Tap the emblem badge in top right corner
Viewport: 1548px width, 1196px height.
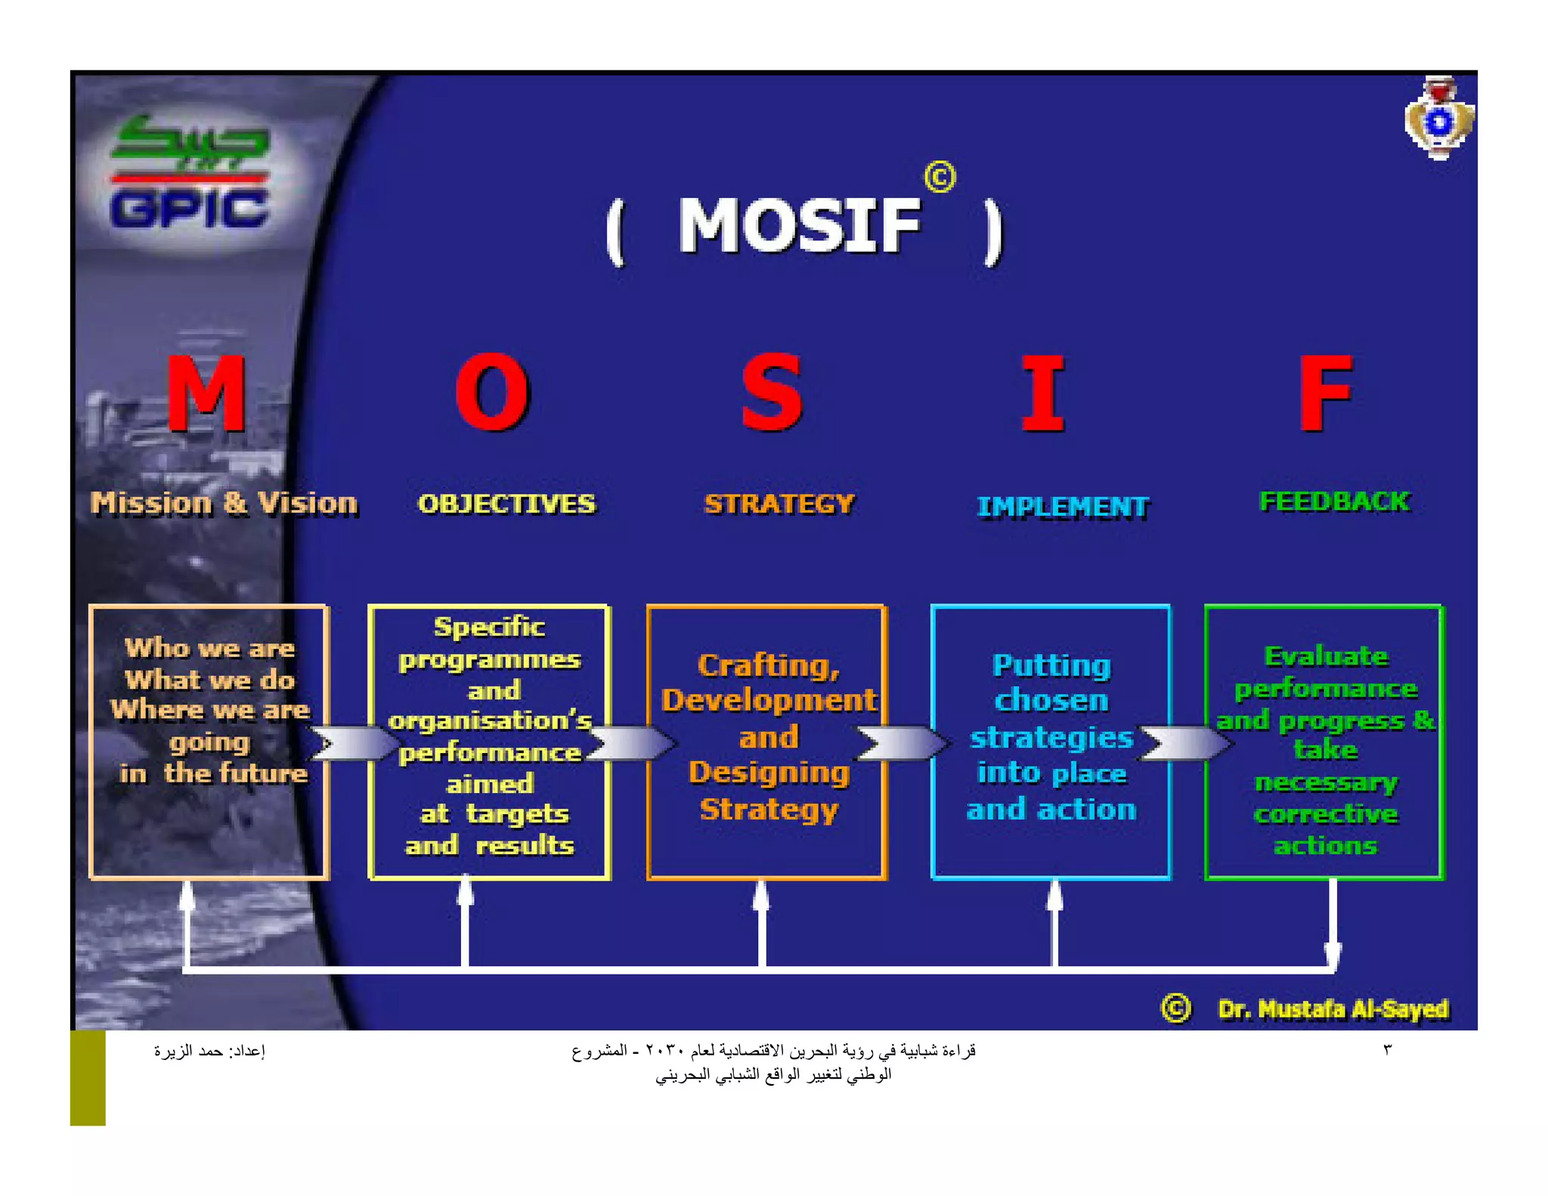click(x=1438, y=119)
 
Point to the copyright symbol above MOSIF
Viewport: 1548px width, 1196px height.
click(x=940, y=178)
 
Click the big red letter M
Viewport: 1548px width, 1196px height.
click(x=206, y=393)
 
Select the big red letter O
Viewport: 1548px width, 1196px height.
click(x=493, y=393)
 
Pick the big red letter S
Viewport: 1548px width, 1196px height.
click(x=771, y=393)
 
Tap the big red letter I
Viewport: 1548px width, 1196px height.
click(x=1043, y=393)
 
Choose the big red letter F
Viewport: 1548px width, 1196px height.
click(x=1325, y=393)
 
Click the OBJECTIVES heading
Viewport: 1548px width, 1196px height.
click(x=506, y=504)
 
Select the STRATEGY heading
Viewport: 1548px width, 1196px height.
click(x=779, y=504)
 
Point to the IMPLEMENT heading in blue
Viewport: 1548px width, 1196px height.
click(x=1063, y=507)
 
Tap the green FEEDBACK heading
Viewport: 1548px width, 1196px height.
click(x=1335, y=502)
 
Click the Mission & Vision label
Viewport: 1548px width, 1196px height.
click(x=224, y=503)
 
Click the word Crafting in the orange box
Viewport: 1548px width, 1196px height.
click(x=768, y=666)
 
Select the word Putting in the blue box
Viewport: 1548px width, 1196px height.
click(x=1051, y=666)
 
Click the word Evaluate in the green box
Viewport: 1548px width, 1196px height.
click(x=1326, y=656)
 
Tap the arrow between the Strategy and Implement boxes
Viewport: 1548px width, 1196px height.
click(x=903, y=743)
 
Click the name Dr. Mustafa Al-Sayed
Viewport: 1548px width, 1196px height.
click(x=1333, y=1009)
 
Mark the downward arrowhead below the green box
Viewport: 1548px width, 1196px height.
click(x=1333, y=956)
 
